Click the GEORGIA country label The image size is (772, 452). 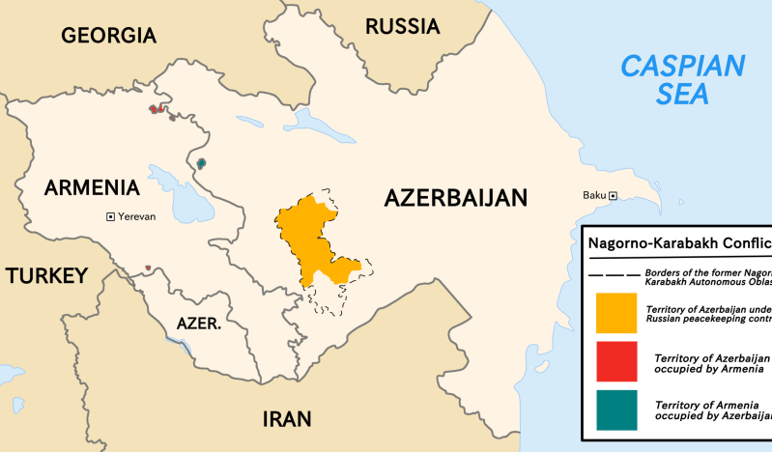tap(108, 36)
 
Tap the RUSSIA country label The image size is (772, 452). tap(402, 26)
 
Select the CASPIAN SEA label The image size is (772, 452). tap(682, 79)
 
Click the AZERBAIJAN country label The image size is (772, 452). tap(456, 198)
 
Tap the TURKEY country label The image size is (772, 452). tap(46, 276)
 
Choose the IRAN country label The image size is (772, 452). tap(287, 419)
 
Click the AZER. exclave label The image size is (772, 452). tap(200, 324)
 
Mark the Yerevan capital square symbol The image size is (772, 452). tap(110, 216)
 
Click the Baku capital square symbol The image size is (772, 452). tap(613, 196)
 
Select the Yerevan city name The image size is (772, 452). tap(136, 216)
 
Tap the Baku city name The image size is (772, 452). tap(593, 196)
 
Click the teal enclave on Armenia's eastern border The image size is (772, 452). tap(201, 163)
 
